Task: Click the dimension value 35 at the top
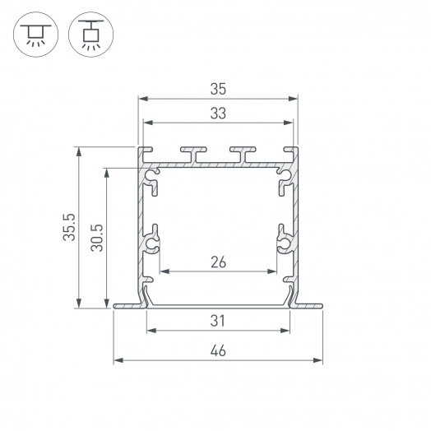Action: point(218,86)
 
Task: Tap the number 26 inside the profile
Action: point(218,262)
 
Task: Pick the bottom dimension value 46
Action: point(218,351)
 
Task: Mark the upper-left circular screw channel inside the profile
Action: point(151,175)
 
